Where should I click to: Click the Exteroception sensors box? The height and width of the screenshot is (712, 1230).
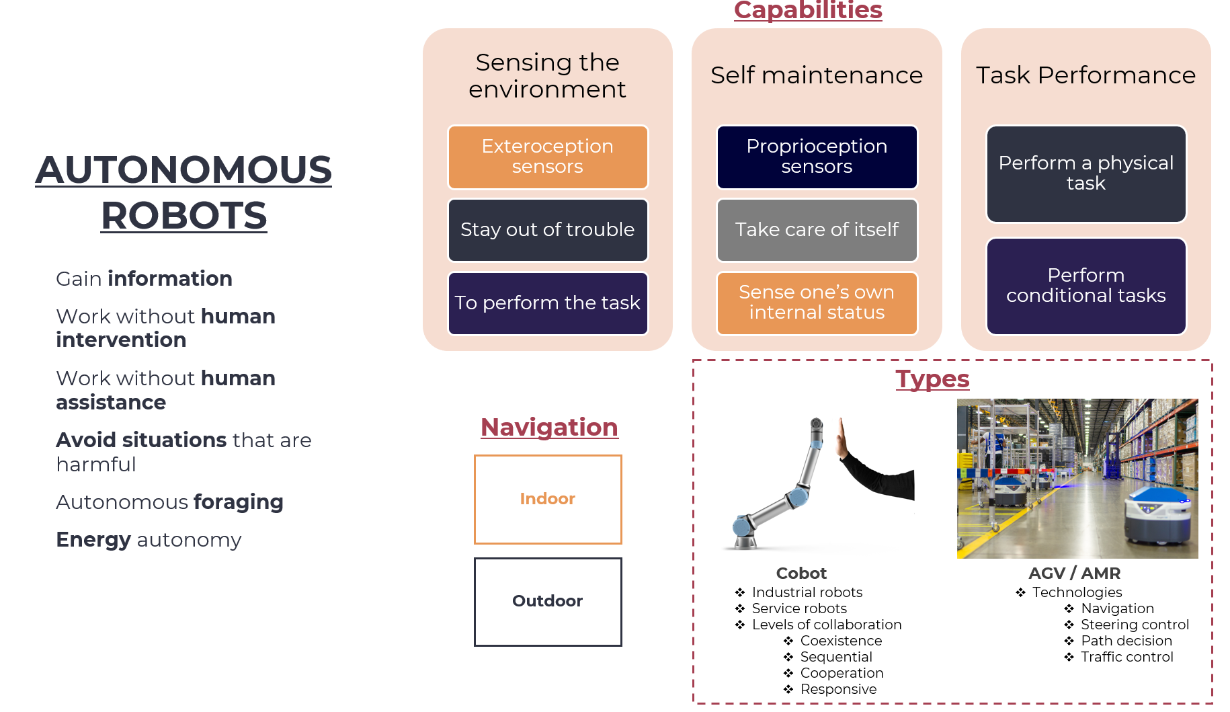tap(548, 157)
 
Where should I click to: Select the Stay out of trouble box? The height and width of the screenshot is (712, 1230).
tap(548, 230)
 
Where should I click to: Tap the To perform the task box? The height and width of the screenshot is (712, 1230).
tap(548, 303)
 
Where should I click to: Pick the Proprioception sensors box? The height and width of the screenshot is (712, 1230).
tap(817, 157)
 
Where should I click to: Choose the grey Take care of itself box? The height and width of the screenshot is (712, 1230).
tap(817, 230)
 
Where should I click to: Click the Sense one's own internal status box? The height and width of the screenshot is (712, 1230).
tap(817, 303)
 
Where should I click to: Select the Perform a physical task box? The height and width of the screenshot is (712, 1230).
tap(1086, 173)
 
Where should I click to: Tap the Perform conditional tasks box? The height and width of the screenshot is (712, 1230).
tap(1086, 286)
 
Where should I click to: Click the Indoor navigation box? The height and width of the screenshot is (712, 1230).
tap(548, 499)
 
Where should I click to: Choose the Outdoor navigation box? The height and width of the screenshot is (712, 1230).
tap(548, 601)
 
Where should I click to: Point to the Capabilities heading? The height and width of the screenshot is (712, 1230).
tap(808, 11)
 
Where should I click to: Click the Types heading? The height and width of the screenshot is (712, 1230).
tap(932, 379)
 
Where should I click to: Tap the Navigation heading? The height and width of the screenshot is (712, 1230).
tap(549, 428)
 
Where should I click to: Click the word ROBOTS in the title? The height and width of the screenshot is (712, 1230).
tap(184, 216)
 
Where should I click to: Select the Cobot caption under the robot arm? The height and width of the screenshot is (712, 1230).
tap(801, 573)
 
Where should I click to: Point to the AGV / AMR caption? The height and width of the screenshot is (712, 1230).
tap(1074, 573)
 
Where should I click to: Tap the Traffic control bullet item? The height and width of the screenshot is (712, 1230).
tap(1126, 657)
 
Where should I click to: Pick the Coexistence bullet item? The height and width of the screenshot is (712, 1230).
tap(841, 641)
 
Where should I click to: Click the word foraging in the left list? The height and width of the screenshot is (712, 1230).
tap(238, 502)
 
